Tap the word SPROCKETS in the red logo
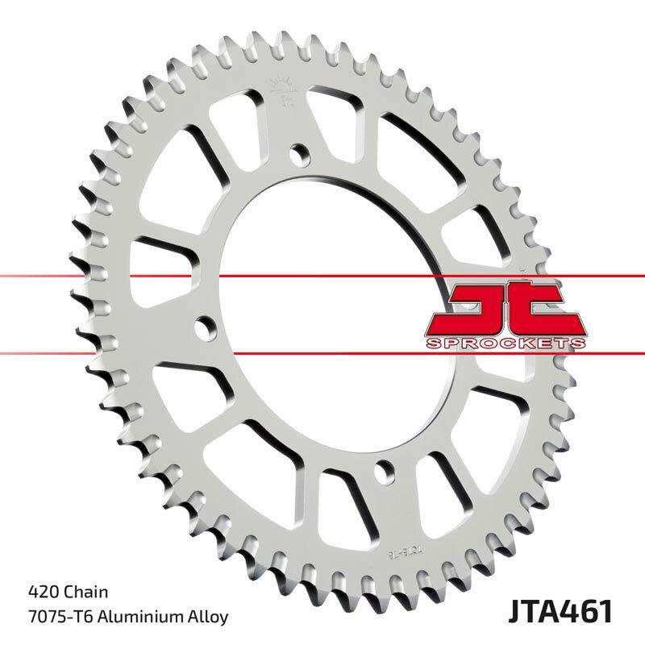pyautogui.click(x=503, y=343)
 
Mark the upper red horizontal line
pyautogui.click(x=322, y=277)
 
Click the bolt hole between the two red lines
pyautogui.click(x=206, y=328)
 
